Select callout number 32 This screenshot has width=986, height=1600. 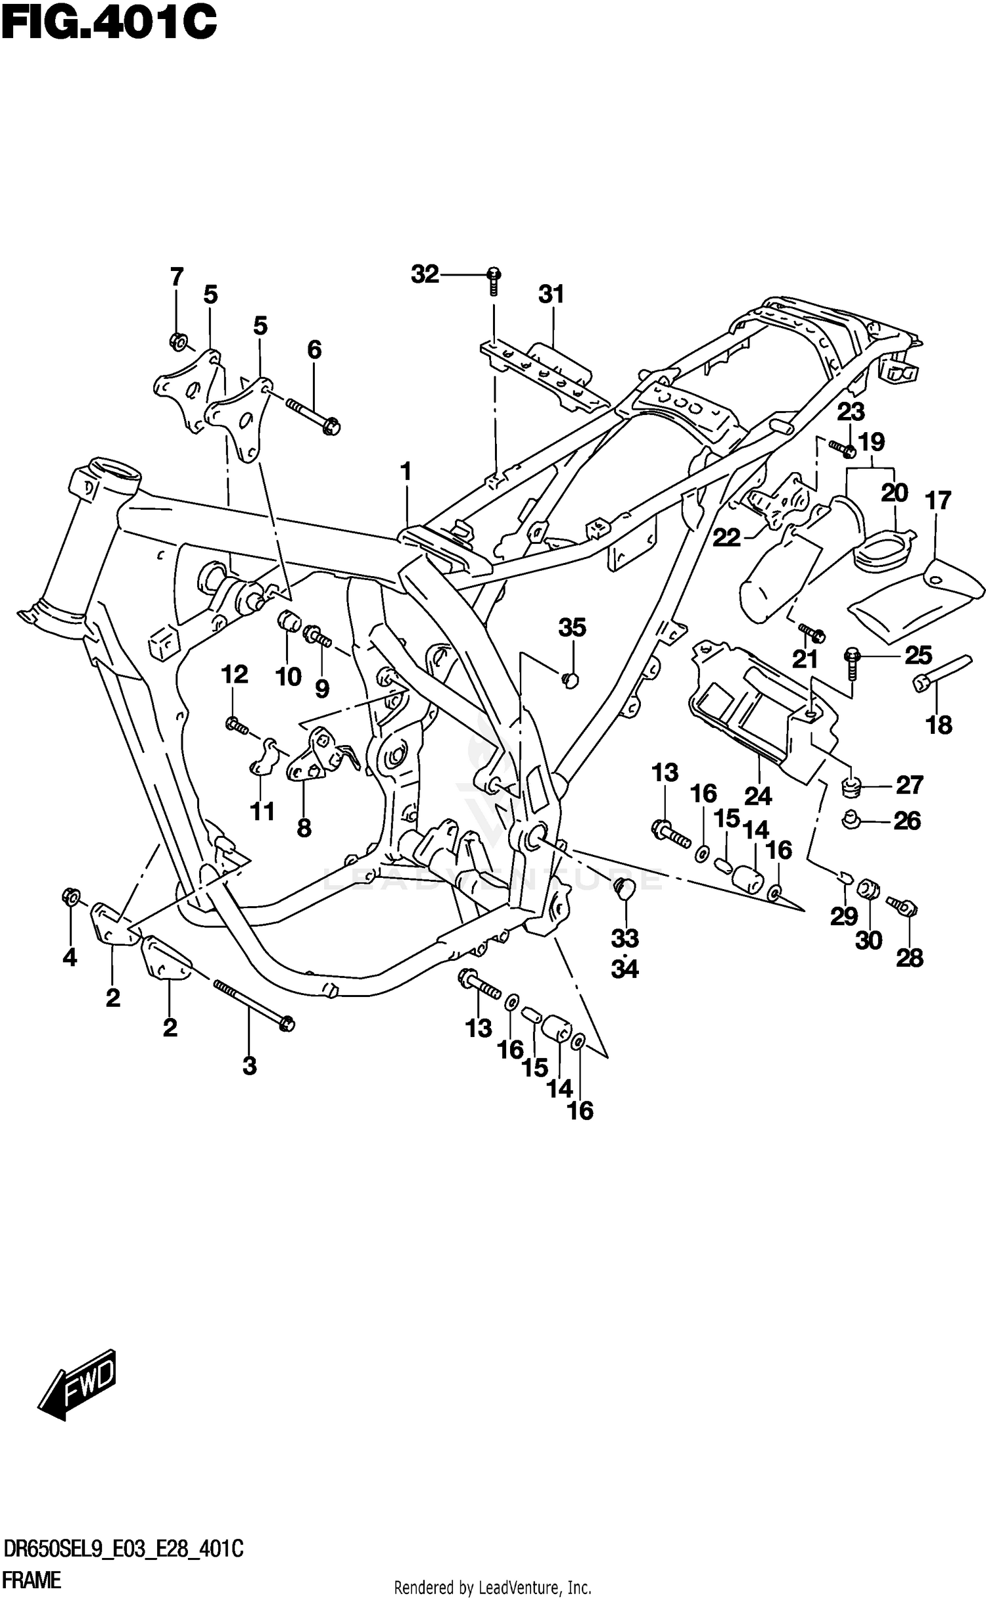click(425, 274)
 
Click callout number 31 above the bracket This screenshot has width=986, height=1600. click(552, 294)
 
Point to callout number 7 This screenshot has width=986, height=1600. click(176, 277)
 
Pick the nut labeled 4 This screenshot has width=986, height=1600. click(71, 897)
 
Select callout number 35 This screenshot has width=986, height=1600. click(572, 628)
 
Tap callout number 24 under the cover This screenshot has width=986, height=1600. click(757, 796)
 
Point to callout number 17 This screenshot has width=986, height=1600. click(938, 500)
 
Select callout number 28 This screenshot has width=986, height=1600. click(910, 959)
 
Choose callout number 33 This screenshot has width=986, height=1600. click(624, 938)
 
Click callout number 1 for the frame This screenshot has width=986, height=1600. click(406, 471)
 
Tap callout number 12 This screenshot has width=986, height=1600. click(235, 674)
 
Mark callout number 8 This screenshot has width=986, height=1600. click(304, 828)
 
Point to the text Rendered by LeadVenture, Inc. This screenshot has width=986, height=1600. click(492, 1588)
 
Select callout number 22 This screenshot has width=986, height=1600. click(727, 538)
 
